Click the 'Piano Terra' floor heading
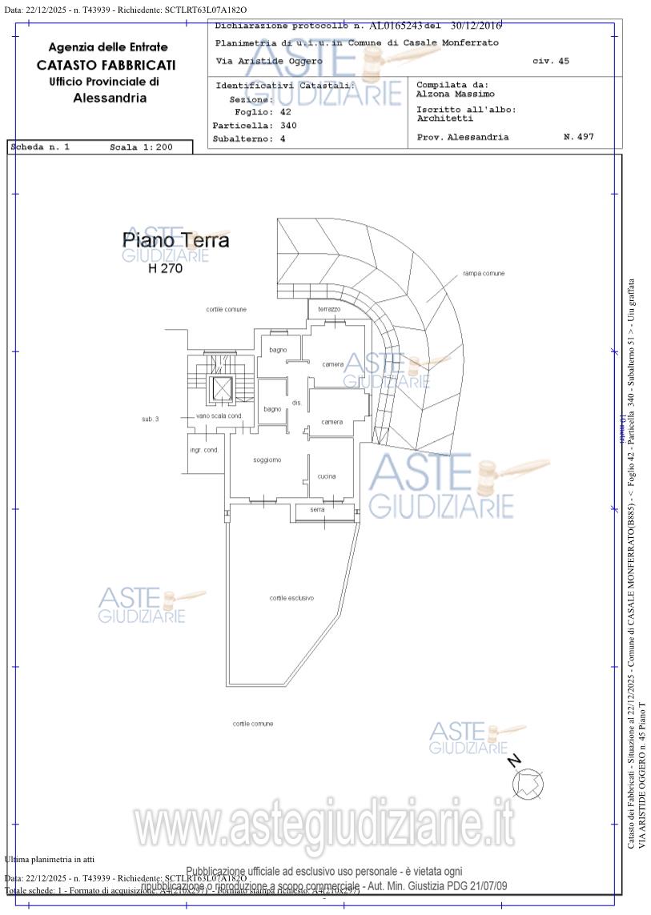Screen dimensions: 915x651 (175, 240)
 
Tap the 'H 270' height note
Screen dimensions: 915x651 (166, 269)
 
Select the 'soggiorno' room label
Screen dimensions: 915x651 (267, 460)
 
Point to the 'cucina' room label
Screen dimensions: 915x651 (327, 476)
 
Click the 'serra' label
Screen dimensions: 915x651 (318, 510)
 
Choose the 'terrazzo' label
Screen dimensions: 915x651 (329, 309)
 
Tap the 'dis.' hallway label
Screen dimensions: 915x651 (296, 402)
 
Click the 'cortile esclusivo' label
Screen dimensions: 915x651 (291, 598)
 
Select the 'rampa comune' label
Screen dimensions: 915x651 (484, 274)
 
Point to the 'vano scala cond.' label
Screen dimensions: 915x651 (219, 416)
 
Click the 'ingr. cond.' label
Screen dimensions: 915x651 (204, 450)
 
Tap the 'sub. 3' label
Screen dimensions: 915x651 (151, 419)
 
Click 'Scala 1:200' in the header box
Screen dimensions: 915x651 (141, 147)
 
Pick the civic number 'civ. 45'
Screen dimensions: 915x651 (551, 61)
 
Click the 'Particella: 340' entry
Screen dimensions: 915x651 (255, 126)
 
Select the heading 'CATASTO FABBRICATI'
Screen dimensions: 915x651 (106, 65)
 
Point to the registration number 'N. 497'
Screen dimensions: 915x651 (578, 137)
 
